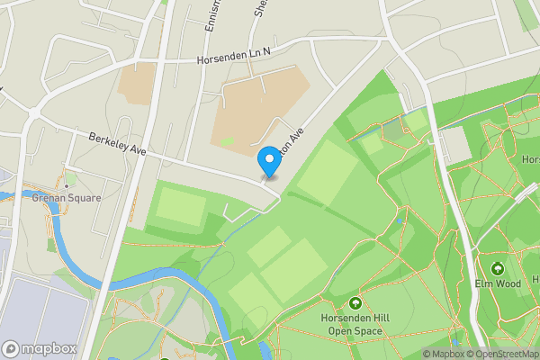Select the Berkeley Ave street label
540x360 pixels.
[117, 144]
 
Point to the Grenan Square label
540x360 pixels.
[66, 197]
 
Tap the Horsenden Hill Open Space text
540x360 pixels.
[355, 324]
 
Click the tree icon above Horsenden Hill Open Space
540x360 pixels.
[355, 303]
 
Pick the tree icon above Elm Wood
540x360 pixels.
[498, 268]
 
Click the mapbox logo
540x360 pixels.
[38, 348]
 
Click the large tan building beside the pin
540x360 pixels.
[256, 112]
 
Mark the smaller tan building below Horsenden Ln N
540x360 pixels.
[136, 83]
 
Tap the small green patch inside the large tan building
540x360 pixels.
[228, 141]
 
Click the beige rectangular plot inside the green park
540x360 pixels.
[454, 144]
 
